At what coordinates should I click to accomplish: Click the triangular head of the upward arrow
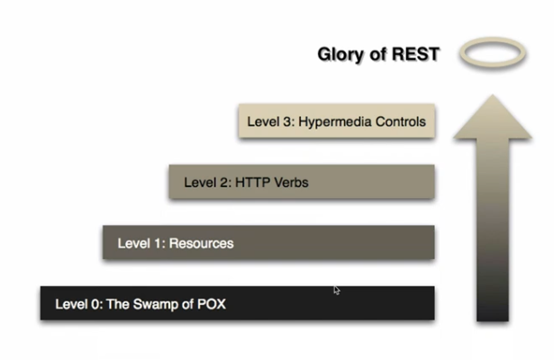tap(492, 116)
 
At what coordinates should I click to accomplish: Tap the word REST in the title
tap(414, 55)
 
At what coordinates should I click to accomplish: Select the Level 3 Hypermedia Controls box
tap(338, 121)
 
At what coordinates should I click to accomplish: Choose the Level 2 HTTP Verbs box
tap(302, 182)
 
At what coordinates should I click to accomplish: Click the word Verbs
tap(289, 182)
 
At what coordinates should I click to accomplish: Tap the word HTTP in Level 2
tap(251, 182)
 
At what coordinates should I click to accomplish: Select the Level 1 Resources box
tap(268, 243)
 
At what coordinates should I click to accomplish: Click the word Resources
tap(202, 243)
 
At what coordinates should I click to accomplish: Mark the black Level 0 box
tap(237, 303)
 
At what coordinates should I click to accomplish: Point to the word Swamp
tap(160, 303)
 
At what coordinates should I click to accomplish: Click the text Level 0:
tap(78, 303)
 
